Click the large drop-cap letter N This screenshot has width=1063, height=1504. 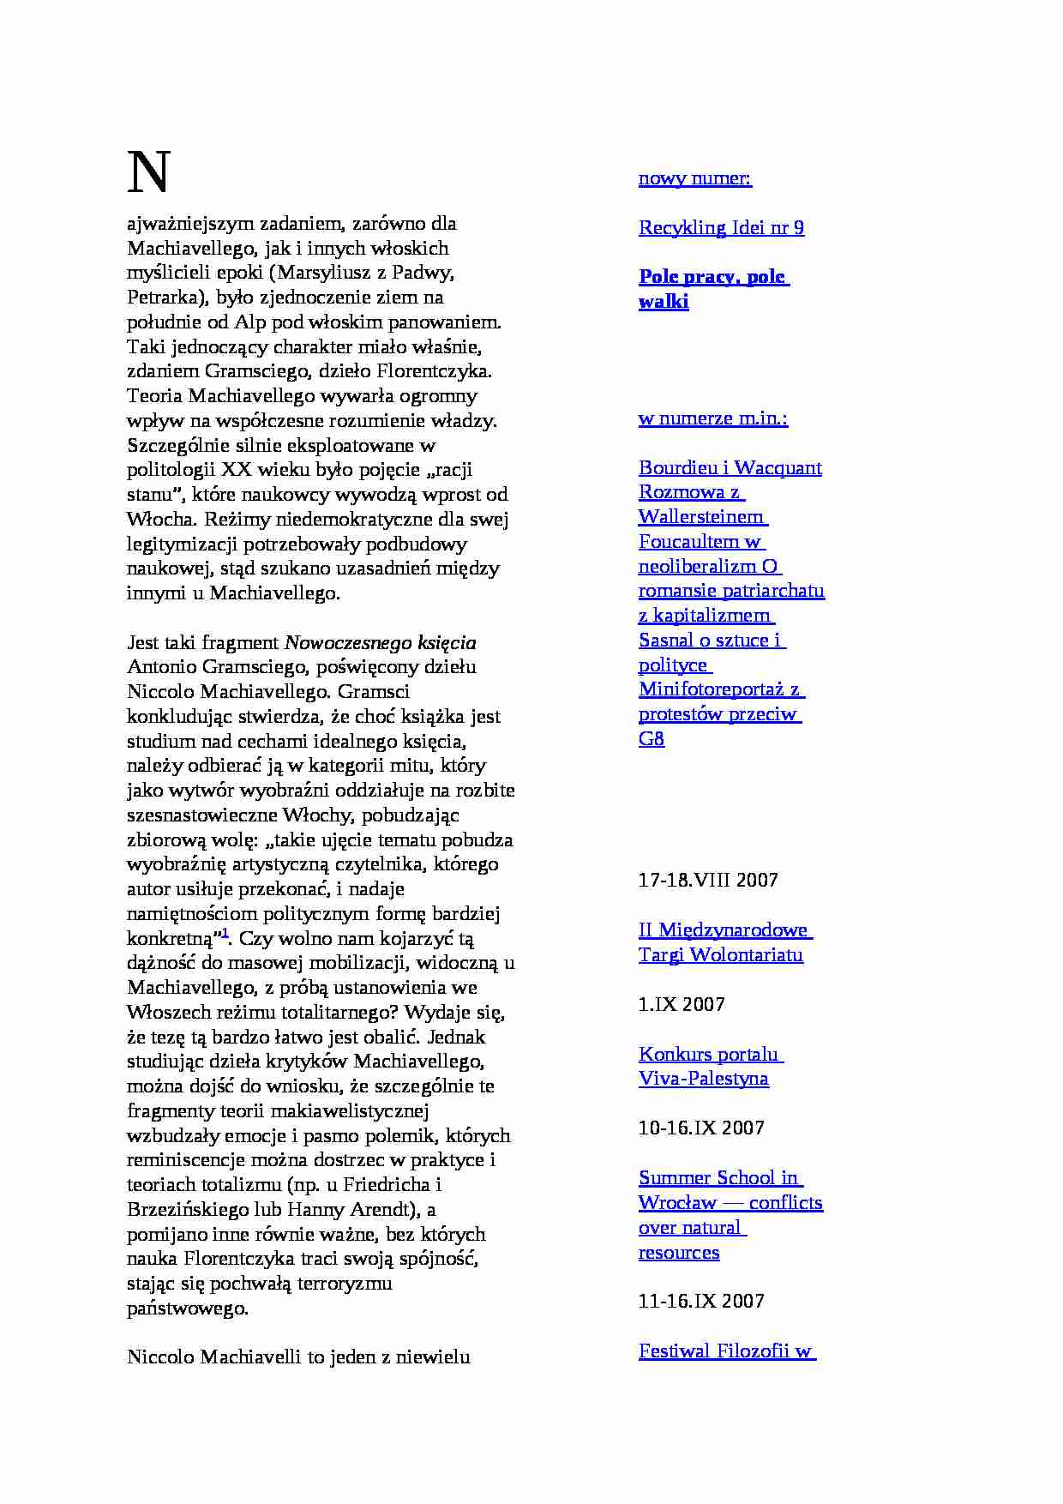tap(149, 172)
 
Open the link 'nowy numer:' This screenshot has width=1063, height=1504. tap(694, 178)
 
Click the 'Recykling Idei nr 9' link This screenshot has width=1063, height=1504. tap(721, 228)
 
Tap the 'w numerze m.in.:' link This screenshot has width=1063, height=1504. tap(712, 418)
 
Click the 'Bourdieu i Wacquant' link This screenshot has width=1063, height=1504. tap(730, 468)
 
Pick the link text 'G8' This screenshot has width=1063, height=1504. tap(652, 739)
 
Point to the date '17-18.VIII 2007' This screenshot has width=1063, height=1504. tap(708, 881)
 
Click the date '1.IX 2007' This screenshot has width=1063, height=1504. tap(682, 1004)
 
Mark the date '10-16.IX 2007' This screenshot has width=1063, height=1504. tap(701, 1128)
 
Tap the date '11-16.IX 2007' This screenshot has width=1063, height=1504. tap(701, 1301)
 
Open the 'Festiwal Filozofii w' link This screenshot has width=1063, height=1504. tap(725, 1351)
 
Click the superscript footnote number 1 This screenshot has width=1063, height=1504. tap(225, 933)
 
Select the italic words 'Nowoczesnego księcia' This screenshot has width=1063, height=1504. tap(380, 643)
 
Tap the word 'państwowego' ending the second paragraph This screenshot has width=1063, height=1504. tap(188, 1308)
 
